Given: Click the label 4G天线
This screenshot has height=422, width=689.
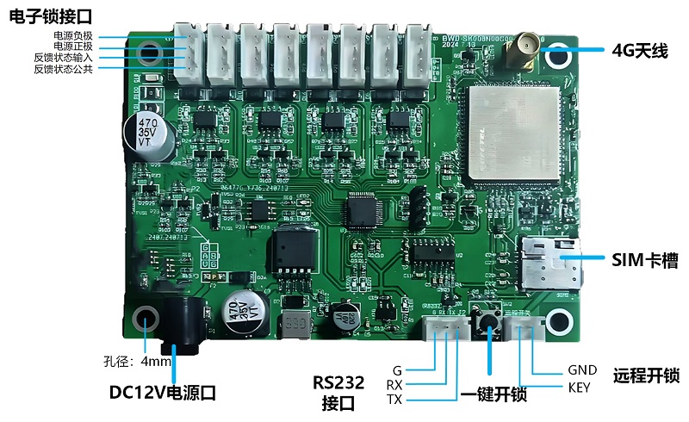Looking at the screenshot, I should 640,51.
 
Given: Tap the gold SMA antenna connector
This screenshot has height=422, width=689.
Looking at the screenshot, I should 520,53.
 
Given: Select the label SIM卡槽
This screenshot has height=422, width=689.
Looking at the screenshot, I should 644,259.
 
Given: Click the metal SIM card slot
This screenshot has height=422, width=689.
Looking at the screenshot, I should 550,263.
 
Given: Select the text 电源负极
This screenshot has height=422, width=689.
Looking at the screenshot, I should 74,36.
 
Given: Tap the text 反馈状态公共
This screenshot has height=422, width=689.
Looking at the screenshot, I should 64,69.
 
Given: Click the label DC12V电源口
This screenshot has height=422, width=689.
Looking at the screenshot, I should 163,393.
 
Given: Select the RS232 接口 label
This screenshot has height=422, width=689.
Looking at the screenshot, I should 338,392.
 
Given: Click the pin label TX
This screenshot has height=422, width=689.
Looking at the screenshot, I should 394,400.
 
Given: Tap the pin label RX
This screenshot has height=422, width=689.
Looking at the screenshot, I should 394,385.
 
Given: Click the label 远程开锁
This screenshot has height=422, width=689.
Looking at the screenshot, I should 646,376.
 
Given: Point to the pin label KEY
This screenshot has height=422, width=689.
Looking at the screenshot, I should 580,388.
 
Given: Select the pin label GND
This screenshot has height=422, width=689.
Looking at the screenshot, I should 582,370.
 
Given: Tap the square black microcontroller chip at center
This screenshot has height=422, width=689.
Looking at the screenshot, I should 362,211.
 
